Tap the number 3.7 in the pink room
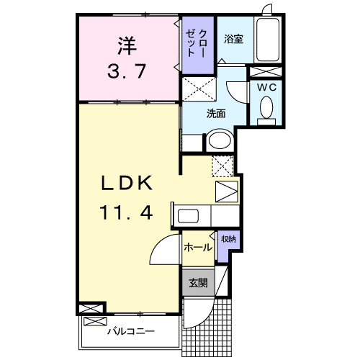127,71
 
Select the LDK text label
127,185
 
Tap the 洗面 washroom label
216,113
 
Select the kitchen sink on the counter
191,216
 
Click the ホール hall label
198,248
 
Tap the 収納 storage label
228,239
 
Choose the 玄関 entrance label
198,283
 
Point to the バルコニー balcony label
131,333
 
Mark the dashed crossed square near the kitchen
222,165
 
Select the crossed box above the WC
266,71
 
